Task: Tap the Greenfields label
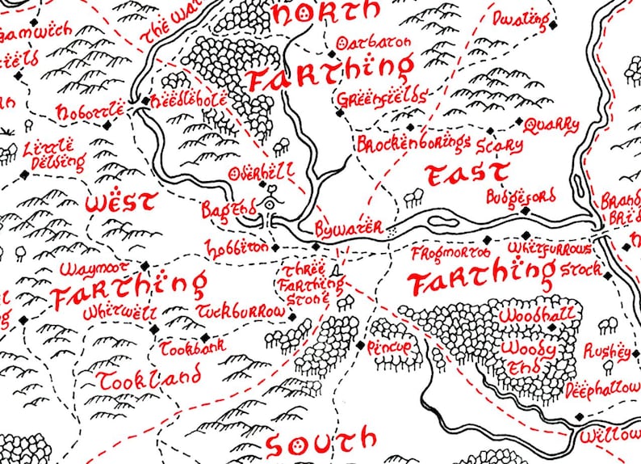coord(382,98)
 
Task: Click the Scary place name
coord(494,146)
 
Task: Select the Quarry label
coord(552,125)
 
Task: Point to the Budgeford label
coord(521,196)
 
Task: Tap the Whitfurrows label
coord(546,251)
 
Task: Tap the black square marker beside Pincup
coord(360,345)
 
